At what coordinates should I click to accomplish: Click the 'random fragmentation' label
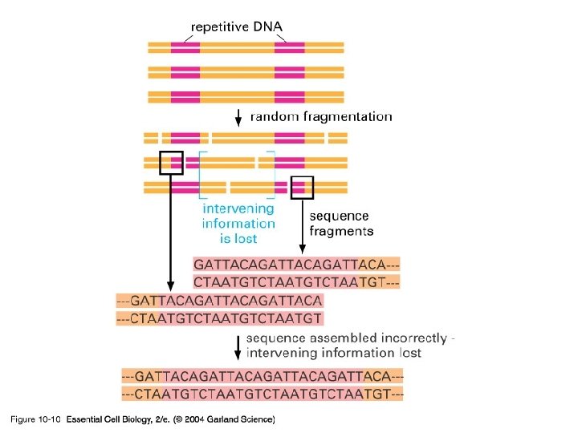[x=321, y=117]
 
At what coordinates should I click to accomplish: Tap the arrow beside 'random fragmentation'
[x=238, y=116]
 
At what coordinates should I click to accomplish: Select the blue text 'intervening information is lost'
[x=238, y=224]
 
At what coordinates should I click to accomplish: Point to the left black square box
[x=172, y=162]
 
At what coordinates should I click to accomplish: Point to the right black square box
[x=302, y=187]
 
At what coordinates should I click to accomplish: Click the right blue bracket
[x=272, y=174]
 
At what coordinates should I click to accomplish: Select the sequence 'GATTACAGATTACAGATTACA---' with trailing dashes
[x=297, y=264]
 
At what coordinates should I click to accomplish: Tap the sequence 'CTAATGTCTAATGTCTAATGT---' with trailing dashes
[x=297, y=281]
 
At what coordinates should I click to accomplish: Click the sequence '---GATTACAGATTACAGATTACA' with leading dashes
[x=219, y=301]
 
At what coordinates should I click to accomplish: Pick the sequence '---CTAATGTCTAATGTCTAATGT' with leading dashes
[x=219, y=318]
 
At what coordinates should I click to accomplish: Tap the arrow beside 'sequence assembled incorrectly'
[x=238, y=346]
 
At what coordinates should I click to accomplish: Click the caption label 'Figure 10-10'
[x=35, y=419]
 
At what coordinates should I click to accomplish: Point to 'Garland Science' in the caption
[x=238, y=419]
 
